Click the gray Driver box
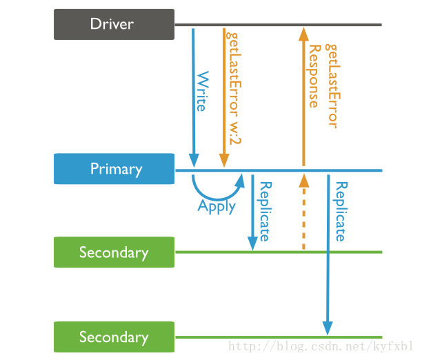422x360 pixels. tap(114, 25)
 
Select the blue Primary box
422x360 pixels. tap(114, 169)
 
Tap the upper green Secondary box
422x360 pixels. tap(114, 252)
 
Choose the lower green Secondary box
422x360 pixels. tap(114, 337)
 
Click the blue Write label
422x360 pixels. tap(203, 91)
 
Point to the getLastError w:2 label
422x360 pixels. tap(234, 88)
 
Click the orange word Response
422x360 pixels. tap(314, 76)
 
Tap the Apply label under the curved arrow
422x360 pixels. tap(217, 207)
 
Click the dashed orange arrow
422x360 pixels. tap(304, 212)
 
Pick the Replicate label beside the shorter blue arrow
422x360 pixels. tap(265, 212)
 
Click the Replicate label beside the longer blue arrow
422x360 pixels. tap(341, 212)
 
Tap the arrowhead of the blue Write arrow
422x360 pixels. tap(194, 160)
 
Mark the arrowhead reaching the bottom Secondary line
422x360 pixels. tap(328, 328)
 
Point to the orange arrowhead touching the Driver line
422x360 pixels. tap(304, 34)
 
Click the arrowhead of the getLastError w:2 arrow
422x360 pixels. tap(224, 161)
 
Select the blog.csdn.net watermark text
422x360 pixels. tap(320, 346)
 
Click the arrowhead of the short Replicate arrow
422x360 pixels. tap(252, 243)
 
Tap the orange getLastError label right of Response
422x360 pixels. tap(333, 86)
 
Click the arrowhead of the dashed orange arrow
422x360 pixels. tap(304, 181)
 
